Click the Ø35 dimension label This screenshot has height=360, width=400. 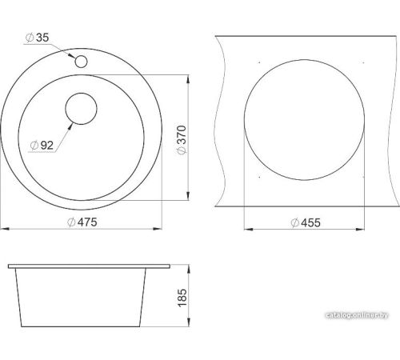click(x=38, y=38)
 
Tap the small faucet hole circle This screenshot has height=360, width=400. click(x=81, y=62)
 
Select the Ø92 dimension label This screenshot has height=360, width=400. click(x=42, y=146)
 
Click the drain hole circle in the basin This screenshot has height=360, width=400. click(x=81, y=109)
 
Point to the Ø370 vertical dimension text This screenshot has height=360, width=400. click(x=182, y=140)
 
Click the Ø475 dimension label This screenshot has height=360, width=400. click(x=82, y=222)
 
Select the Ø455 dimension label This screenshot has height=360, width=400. click(x=306, y=222)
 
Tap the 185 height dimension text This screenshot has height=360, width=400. click(x=182, y=298)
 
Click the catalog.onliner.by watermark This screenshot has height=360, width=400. click(x=357, y=315)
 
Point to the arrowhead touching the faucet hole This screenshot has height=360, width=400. click(x=71, y=56)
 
